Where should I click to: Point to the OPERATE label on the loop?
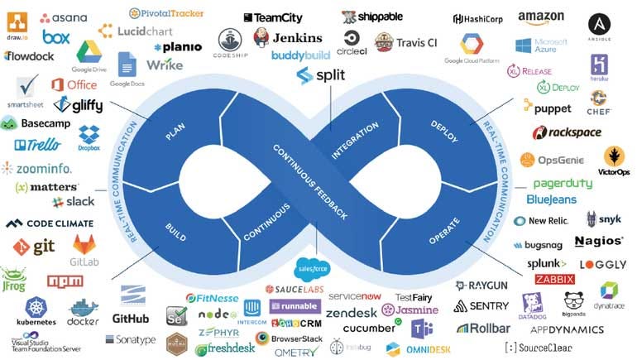[444, 231]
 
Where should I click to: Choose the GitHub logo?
[131, 318]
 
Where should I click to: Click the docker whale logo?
[83, 313]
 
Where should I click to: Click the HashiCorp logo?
[480, 19]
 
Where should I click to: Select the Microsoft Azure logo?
[541, 46]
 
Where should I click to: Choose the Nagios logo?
[598, 241]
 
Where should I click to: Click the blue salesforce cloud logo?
[313, 268]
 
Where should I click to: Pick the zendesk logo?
[351, 313]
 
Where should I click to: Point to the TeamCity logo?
[273, 17]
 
